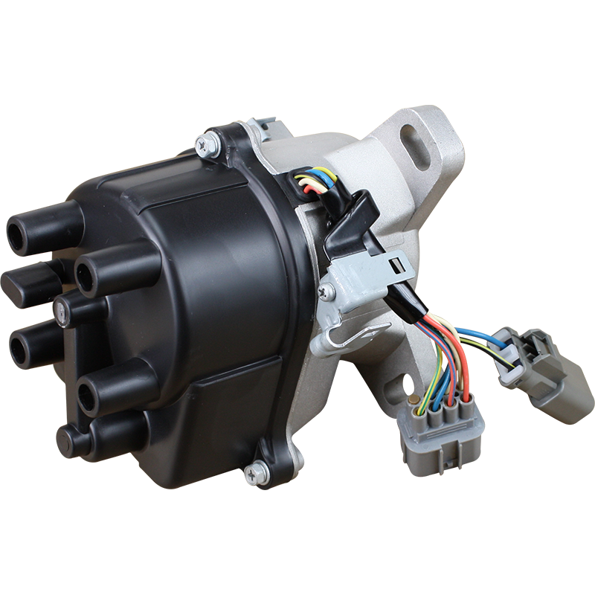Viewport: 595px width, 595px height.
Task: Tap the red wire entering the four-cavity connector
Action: point(466,387)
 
